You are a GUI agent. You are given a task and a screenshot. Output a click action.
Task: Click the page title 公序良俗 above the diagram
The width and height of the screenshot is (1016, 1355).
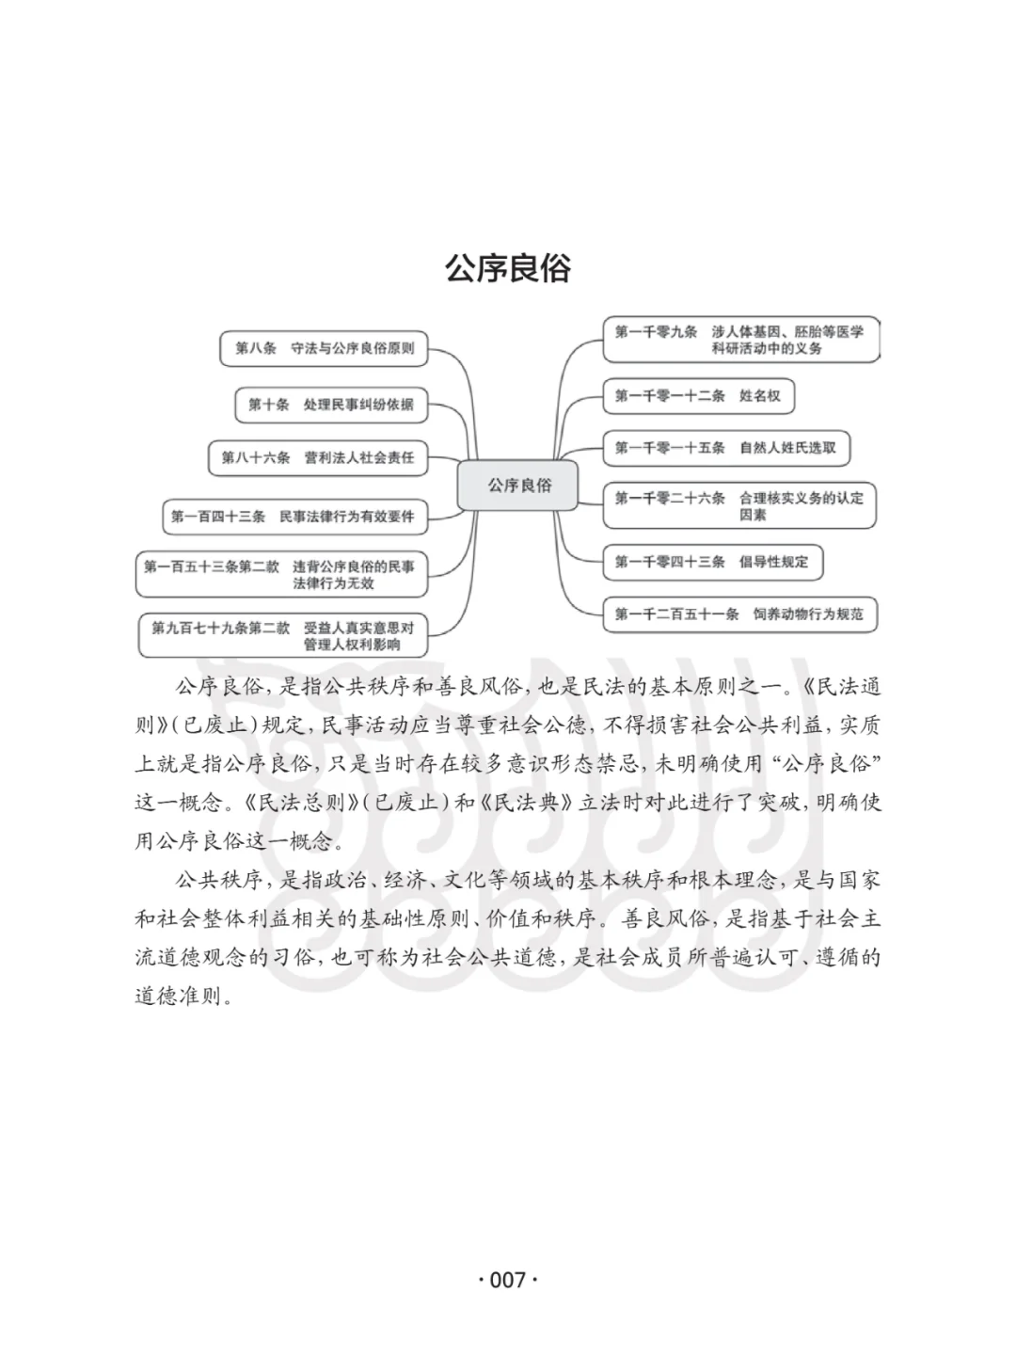pos(508,268)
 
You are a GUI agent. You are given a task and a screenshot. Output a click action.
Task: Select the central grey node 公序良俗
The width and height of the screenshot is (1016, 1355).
pos(517,486)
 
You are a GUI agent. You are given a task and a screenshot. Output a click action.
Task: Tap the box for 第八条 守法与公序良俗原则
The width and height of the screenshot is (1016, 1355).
pos(324,348)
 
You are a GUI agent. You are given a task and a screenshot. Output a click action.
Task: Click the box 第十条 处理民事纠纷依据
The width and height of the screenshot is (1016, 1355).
pos(331,405)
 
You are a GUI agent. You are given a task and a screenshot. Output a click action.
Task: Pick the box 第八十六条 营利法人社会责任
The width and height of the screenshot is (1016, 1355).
pos(318,458)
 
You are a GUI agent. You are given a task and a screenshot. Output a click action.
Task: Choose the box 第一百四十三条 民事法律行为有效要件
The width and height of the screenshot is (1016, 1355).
pos(295,517)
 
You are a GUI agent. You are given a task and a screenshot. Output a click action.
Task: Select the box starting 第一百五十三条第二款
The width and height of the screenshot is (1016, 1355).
pos(282,575)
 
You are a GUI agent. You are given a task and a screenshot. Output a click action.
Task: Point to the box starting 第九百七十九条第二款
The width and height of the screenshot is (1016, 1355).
pos(283,636)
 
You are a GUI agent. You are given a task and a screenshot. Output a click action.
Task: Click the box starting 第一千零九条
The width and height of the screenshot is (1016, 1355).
pos(741,340)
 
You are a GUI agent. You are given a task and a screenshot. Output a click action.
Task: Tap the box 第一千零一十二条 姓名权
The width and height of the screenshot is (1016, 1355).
pos(698,396)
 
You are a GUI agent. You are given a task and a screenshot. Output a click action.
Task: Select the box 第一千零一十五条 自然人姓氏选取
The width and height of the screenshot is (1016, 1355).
pos(726,448)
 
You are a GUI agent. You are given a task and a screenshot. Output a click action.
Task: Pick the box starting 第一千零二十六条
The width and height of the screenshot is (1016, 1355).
pos(739,505)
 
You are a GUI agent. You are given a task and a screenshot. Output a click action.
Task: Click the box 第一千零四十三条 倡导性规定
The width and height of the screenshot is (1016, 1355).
pos(712,563)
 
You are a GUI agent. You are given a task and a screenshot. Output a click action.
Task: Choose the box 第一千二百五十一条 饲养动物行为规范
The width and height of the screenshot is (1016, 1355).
pos(739,614)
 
